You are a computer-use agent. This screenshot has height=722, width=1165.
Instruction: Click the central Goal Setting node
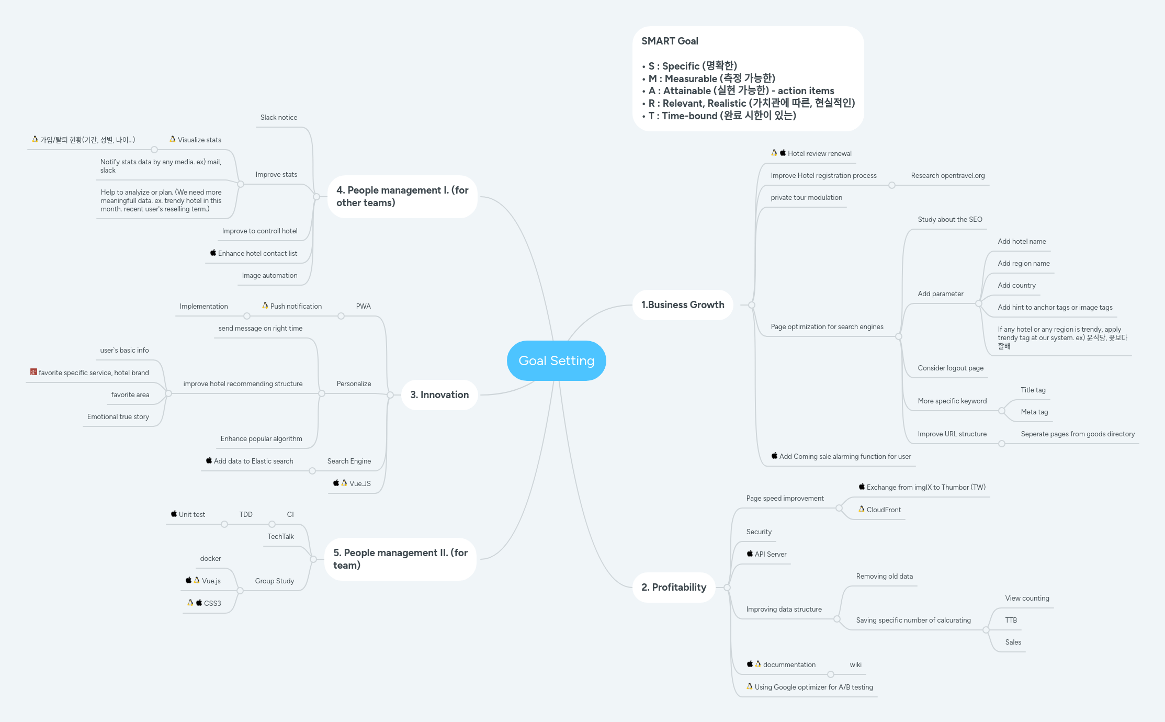(556, 360)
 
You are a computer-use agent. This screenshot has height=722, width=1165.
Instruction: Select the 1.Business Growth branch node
(683, 304)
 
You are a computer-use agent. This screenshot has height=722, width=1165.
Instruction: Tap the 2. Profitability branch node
(674, 587)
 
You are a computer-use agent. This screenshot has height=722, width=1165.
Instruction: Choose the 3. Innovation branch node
(439, 394)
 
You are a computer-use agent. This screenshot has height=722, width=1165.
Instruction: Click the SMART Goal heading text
(670, 41)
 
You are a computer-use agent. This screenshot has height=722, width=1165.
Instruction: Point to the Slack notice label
(279, 117)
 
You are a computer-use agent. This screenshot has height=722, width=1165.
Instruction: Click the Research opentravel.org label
(947, 175)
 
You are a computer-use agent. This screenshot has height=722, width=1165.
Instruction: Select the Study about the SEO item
(949, 219)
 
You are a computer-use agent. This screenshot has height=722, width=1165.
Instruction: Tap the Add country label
(1016, 285)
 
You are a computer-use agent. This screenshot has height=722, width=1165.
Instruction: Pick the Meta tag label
(1034, 412)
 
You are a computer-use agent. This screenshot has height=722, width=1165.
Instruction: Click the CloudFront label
(884, 510)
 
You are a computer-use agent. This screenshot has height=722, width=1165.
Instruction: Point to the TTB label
(1011, 620)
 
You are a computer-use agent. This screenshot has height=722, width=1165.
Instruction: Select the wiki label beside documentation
(855, 664)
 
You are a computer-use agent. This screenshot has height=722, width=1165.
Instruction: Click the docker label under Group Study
(210, 558)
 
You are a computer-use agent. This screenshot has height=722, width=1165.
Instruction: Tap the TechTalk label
(280, 536)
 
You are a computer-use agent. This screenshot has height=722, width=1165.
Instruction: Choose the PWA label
(363, 306)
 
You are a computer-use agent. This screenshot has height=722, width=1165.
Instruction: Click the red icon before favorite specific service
(33, 372)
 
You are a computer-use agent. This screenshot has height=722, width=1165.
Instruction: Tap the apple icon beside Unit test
(174, 514)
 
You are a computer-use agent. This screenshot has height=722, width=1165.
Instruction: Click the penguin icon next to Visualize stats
(172, 139)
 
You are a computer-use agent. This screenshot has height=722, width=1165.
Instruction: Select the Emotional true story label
(118, 416)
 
